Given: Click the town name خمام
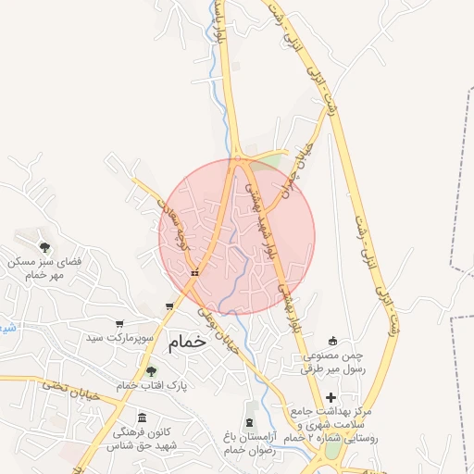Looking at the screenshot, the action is click(186, 343).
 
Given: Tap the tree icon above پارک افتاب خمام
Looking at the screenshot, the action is click(151, 371).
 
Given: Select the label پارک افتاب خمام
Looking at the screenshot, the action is click(152, 384).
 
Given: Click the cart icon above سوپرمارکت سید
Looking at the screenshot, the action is click(119, 324).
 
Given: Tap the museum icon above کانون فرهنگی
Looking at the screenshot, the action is click(141, 418).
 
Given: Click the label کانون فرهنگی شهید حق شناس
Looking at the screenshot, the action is click(146, 439).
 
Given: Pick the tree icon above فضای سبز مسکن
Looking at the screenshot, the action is click(44, 247).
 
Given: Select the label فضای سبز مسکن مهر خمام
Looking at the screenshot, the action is click(44, 268).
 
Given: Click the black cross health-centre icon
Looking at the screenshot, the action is click(331, 397).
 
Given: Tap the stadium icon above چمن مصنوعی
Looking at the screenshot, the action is click(332, 341).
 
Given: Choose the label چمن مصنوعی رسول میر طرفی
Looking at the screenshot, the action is click(332, 361).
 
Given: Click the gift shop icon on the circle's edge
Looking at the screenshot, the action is click(194, 273).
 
